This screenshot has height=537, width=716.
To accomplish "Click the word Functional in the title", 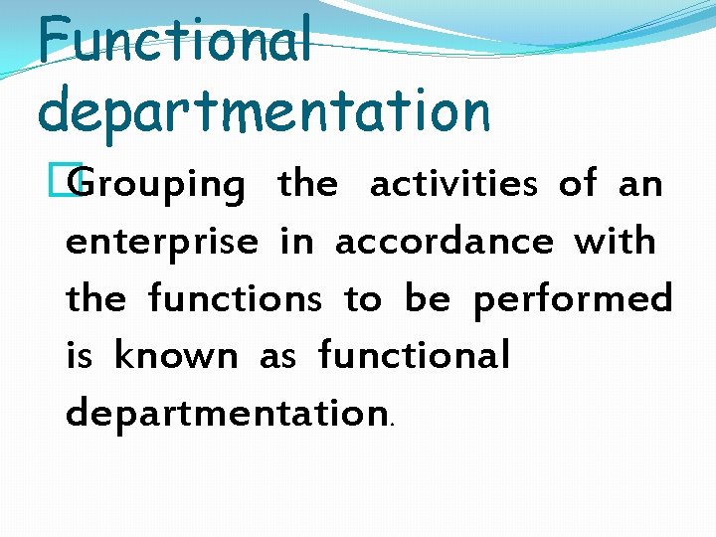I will (x=175, y=42).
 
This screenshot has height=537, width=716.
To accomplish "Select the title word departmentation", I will (x=264, y=111).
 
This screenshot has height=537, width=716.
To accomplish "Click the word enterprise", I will (x=162, y=243).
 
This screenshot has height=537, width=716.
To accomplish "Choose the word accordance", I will (x=445, y=241).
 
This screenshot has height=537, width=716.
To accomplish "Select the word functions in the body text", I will (x=235, y=297).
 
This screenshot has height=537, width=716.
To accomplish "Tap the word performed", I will (x=573, y=298).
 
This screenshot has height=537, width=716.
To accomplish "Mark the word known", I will (x=176, y=355).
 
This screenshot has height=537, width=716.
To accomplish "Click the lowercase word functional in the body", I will (x=414, y=354).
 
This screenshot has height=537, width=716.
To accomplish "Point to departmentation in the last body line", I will (x=226, y=413).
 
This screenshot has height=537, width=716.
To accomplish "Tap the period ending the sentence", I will (x=393, y=424).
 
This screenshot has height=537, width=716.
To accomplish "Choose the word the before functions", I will (x=96, y=297).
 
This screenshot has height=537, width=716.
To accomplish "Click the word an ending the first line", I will (x=640, y=185).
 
